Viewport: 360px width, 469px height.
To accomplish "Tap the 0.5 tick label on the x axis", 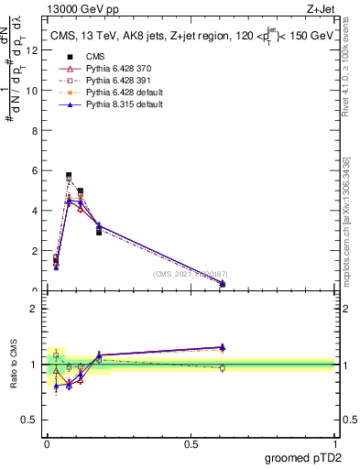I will click(191, 443).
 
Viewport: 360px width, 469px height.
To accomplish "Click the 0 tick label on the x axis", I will click(47, 443).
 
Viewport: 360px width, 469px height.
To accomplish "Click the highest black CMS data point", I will click(69, 175).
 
